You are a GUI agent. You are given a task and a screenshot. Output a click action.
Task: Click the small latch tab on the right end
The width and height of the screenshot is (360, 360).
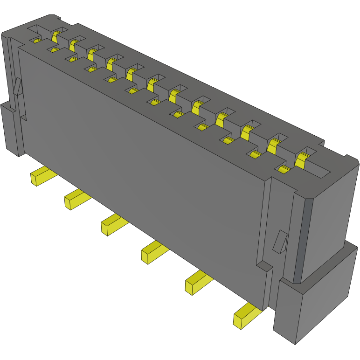(280, 241)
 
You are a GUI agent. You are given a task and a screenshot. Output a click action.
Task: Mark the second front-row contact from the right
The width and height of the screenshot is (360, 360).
(255, 155)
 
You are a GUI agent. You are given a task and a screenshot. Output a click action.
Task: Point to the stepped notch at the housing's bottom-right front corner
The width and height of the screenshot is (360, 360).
(264, 268)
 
